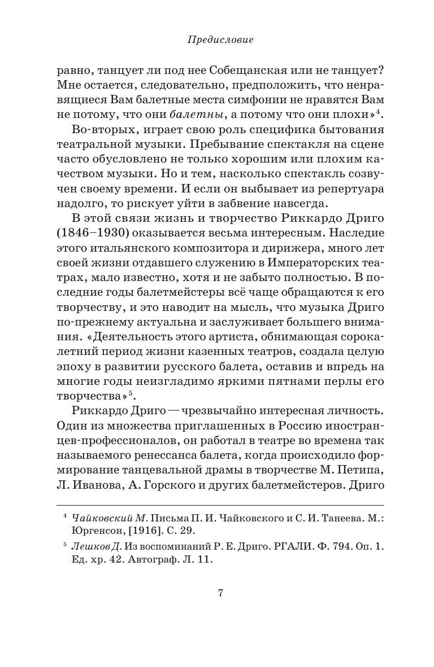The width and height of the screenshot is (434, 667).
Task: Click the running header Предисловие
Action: coord(220,40)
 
